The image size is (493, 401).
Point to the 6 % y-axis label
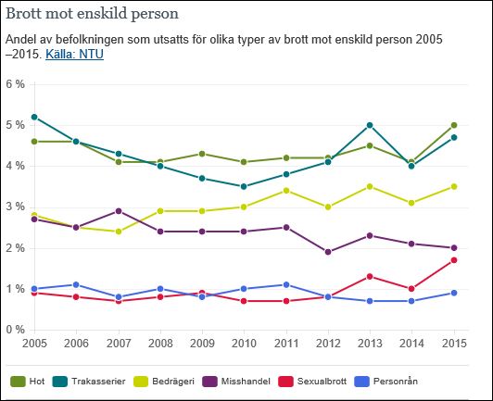click(16, 84)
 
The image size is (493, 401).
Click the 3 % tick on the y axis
click(16, 207)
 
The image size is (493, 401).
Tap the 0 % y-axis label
click(16, 330)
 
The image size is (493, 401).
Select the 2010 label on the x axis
click(244, 344)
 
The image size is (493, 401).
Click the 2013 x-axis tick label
click(369, 344)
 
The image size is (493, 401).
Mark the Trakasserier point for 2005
click(34, 117)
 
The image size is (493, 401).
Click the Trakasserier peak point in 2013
click(369, 125)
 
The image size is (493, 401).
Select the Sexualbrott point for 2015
click(453, 260)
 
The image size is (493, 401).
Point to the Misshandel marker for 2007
click(118, 211)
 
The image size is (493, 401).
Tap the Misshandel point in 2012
click(327, 252)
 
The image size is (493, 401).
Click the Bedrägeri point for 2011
click(285, 191)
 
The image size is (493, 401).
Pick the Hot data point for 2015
click(453, 125)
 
